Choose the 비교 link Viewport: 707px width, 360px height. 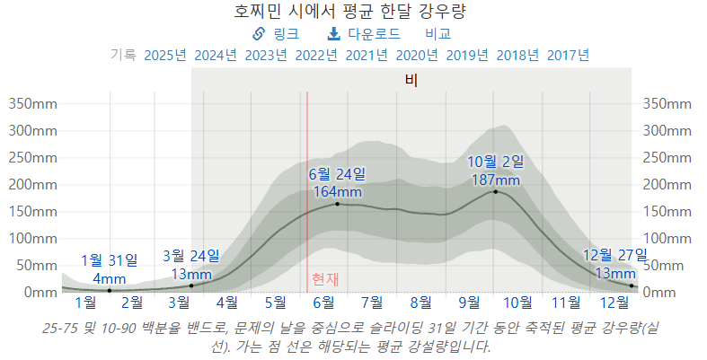[x=437, y=34]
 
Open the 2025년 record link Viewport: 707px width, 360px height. [x=165, y=55]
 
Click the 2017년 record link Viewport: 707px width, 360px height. [x=568, y=55]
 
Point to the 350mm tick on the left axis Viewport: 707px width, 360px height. [x=33, y=103]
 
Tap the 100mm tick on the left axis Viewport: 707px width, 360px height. [x=33, y=239]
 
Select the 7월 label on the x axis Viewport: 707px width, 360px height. [x=372, y=302]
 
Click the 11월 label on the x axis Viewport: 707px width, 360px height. [x=566, y=302]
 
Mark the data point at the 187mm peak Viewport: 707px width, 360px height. [x=495, y=191]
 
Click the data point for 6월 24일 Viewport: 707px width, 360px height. [x=337, y=204]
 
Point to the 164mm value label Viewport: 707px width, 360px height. [x=337, y=191]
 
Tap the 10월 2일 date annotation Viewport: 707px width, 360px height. [x=495, y=162]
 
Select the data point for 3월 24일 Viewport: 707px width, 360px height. [x=191, y=285]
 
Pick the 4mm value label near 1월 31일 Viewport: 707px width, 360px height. [x=110, y=278]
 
